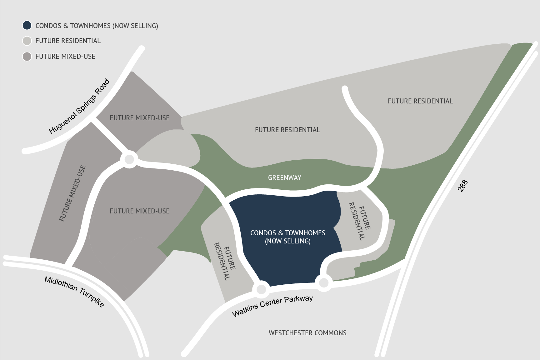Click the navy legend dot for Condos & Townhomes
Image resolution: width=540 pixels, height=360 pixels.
27,25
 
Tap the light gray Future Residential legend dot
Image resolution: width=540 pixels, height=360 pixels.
27,41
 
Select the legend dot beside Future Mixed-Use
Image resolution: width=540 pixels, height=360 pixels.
27,57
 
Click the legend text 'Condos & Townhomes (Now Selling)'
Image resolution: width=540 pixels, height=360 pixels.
97,26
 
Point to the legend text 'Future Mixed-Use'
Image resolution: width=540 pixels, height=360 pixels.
65,57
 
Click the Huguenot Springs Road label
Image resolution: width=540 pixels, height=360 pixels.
79,106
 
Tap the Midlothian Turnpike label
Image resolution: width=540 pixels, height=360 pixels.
74,292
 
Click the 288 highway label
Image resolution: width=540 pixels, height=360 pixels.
463,186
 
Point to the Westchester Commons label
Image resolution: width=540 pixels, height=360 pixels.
307,333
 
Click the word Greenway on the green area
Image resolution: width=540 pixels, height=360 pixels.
284,178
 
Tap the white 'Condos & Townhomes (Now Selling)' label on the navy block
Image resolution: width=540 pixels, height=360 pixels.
287,237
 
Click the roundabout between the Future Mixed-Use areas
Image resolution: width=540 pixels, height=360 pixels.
129,160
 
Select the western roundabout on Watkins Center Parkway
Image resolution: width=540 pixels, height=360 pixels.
261,289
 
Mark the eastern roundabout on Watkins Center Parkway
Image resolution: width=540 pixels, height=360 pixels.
324,283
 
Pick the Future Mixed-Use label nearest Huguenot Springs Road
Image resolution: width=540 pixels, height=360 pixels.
139,118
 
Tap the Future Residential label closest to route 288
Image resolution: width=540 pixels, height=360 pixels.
420,101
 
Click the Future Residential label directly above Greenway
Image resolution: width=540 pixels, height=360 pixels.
287,130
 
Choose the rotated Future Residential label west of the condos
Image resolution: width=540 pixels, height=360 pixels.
225,261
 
